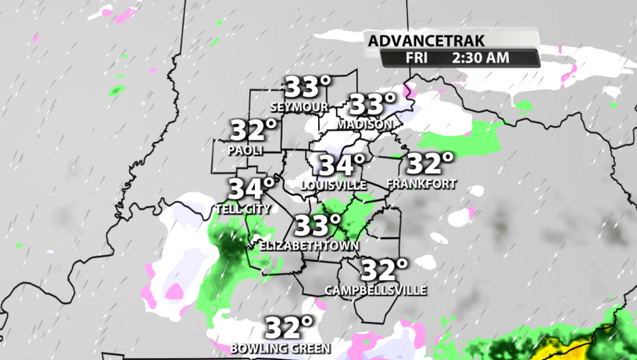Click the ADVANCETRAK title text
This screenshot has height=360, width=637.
coord(415,41)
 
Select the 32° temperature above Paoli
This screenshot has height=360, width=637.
coord(253,131)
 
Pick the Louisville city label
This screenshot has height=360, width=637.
coord(333,185)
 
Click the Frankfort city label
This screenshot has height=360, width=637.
coord(421,184)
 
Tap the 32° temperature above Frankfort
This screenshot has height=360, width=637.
coord(430,163)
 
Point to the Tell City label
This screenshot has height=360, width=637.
coord(243,209)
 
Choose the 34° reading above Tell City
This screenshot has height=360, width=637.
coord(252,189)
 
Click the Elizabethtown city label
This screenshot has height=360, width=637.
coord(309,245)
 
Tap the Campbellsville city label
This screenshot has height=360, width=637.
coord(376,290)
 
